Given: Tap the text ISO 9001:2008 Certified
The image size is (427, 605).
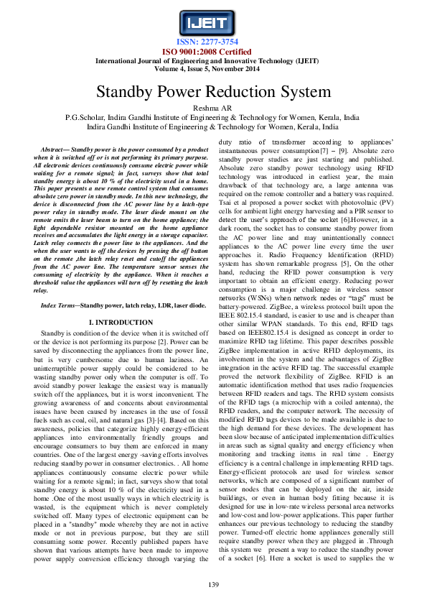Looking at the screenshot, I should point(213,52).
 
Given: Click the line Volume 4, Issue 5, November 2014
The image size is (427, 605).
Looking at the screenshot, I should point(213,70).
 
